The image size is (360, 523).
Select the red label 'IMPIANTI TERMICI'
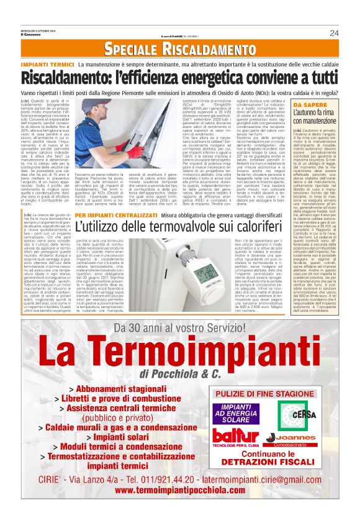pos(57,65)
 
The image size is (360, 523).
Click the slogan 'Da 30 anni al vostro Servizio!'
pos(179,329)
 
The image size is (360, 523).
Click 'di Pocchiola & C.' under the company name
pos(180,374)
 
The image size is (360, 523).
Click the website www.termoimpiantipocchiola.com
pos(180,507)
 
